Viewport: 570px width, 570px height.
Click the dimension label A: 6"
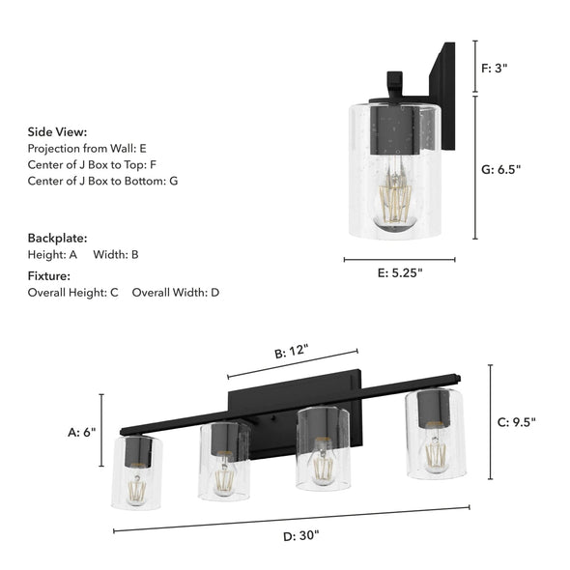(81, 433)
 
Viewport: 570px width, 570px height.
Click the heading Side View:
(57, 131)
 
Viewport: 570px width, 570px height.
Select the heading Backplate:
(57, 238)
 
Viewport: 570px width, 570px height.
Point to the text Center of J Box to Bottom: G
(102, 181)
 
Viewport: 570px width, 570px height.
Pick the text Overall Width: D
(175, 292)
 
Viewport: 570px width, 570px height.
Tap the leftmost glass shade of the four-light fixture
(137, 471)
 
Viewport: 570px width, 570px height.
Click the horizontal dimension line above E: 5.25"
(399, 259)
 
